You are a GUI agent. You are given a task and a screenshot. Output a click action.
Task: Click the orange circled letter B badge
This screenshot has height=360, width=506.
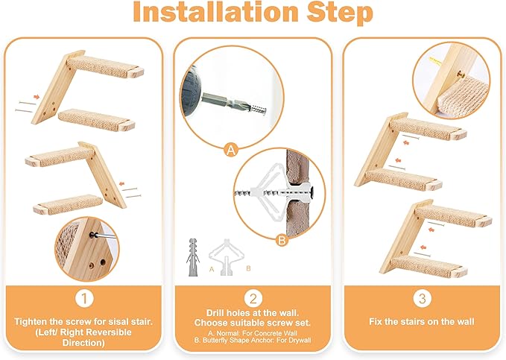click(281, 241)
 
